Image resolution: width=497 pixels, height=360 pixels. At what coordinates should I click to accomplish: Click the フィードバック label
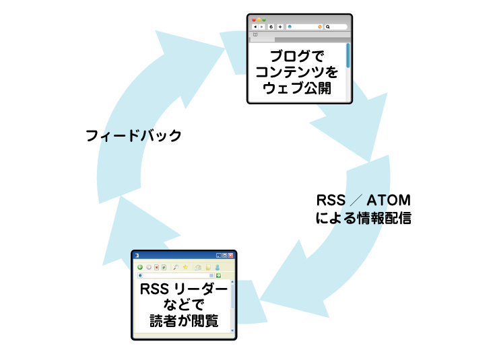tap(133, 135)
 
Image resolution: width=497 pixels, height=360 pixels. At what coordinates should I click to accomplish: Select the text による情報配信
tap(364, 218)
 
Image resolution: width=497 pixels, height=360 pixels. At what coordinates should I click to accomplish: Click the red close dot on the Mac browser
tap(253, 20)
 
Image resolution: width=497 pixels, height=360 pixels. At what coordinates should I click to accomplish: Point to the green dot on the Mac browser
tap(264, 20)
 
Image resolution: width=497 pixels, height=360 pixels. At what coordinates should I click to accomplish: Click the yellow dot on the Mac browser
tap(259, 20)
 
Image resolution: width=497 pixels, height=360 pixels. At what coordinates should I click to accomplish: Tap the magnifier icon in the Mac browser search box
tap(328, 27)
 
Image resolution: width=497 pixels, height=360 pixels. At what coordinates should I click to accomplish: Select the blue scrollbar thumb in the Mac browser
tap(347, 55)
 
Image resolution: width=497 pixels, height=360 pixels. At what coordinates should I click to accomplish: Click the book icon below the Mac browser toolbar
tap(255, 34)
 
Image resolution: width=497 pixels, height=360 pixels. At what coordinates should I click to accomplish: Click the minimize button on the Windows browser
tap(218, 256)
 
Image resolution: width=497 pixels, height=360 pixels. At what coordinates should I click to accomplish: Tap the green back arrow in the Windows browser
tap(140, 267)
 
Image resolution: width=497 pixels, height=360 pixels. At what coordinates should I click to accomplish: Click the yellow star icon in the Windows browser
tap(185, 267)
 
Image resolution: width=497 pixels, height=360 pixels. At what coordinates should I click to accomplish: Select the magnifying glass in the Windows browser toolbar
tap(176, 267)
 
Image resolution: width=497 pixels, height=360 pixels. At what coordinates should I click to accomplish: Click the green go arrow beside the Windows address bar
tap(219, 275)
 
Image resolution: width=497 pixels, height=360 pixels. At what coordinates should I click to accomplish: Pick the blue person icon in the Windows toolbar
tap(218, 267)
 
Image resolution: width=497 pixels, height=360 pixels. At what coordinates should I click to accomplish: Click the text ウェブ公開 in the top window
tap(300, 88)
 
